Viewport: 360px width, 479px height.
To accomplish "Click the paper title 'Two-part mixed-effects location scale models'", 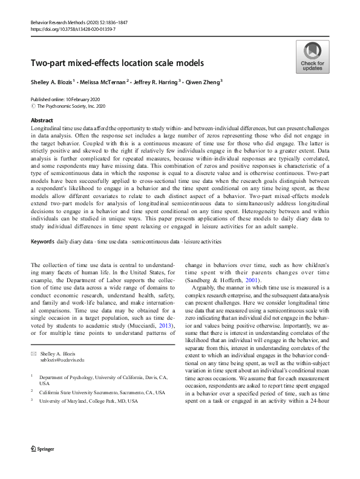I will pyautogui.click(x=118, y=63).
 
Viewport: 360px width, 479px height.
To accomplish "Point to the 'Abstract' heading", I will pyautogui.click(x=42, y=121).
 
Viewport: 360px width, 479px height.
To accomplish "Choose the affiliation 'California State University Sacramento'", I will pyautogui.click(x=90, y=392).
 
